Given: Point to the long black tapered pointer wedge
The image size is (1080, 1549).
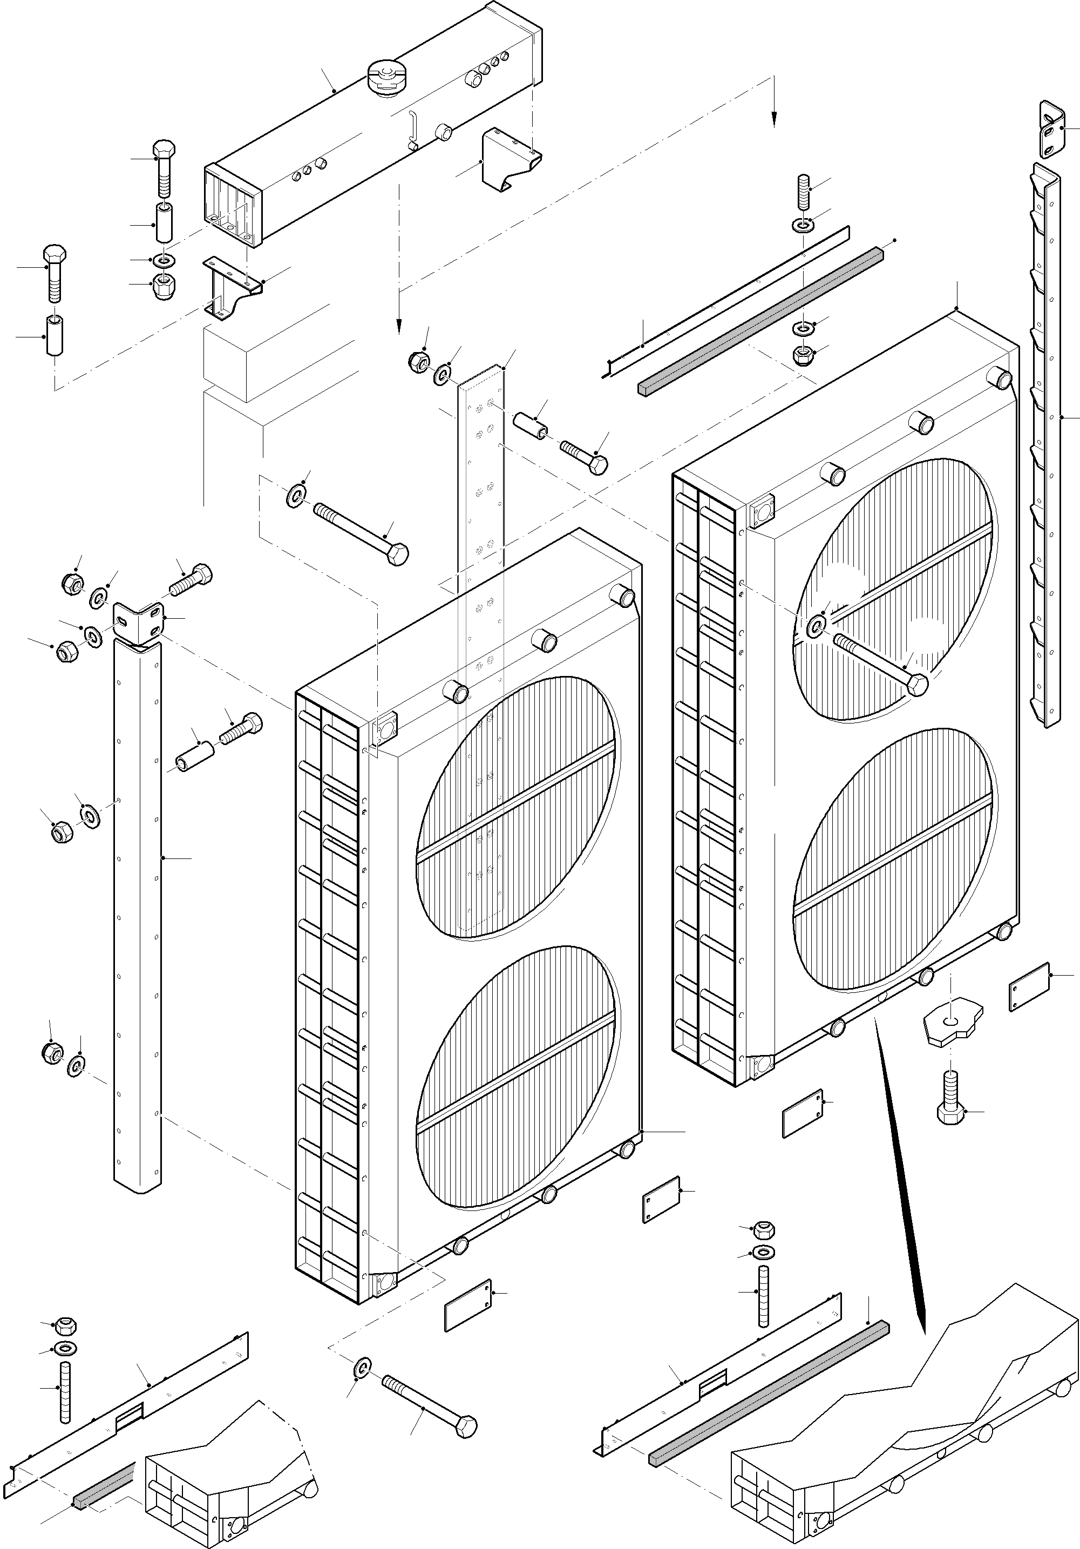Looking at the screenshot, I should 901,1167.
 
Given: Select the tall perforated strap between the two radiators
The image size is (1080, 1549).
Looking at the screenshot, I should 480,607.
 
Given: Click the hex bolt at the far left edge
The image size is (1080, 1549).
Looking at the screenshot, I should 54,273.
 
